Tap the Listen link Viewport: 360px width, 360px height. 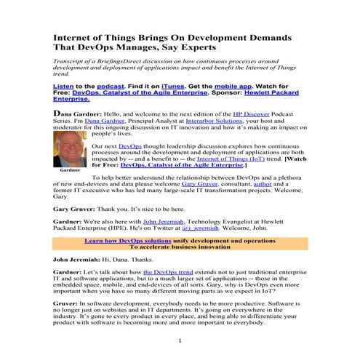click(x=65, y=85)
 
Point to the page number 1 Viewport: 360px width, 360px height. click(x=180, y=340)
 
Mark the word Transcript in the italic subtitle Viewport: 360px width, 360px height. click(x=70, y=62)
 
